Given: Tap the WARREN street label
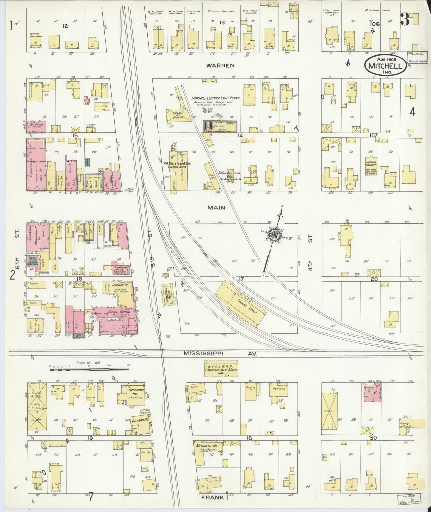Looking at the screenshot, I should (221, 65).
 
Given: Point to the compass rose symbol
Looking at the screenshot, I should (273, 235).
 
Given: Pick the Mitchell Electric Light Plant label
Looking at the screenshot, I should (212, 98).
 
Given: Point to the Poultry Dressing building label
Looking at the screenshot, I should (406, 424).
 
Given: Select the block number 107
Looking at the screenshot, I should (373, 135).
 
